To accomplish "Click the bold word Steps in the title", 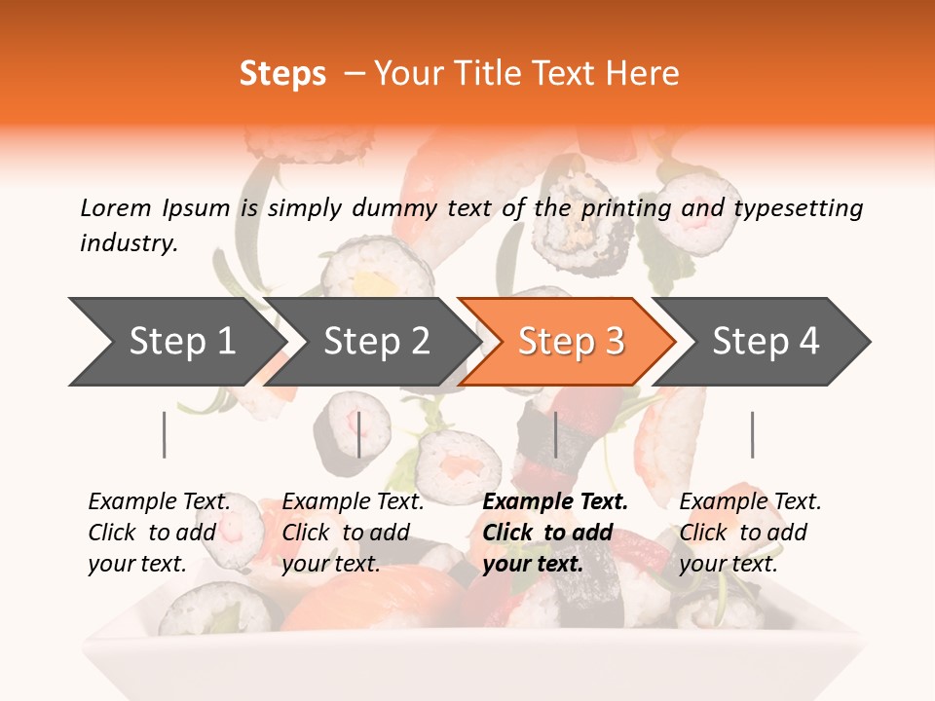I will point(282,74).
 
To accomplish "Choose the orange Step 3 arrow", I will point(570,342).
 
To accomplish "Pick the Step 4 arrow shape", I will point(765,342).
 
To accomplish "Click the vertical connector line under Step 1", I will point(165,434).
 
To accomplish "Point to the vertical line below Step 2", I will point(359,434).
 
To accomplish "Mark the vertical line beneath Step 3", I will point(555,434).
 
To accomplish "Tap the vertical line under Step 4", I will point(752,434).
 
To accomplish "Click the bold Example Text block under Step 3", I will point(555,533).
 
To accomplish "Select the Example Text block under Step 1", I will point(159,533).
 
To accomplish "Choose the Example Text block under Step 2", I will point(353,533).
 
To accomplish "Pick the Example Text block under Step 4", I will point(749,533).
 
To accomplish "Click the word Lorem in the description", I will point(116,207).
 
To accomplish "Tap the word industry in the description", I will point(129,242).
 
